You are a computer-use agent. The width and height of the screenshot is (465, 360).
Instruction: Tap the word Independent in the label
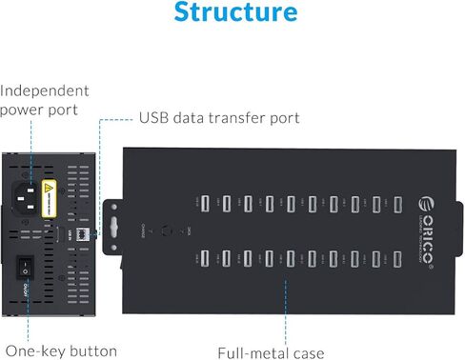tap(45, 90)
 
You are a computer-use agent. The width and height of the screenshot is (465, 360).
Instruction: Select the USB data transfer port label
tap(219, 118)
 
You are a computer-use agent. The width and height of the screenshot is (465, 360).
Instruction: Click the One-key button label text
tap(61, 350)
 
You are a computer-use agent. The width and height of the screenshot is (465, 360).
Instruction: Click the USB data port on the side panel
tap(83, 231)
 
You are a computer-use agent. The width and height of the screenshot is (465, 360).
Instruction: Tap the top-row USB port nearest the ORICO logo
tap(397, 203)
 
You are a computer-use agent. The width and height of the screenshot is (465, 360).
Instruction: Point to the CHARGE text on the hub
tap(142, 230)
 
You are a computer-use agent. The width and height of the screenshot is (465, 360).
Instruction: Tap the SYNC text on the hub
tap(191, 230)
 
